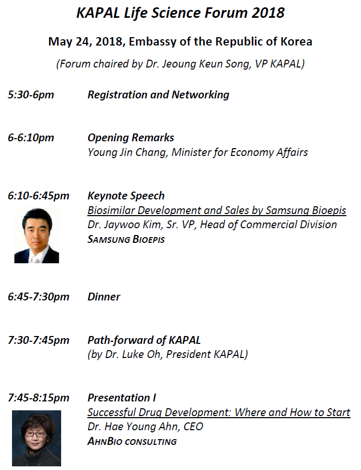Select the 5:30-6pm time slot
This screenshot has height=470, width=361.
[31, 95]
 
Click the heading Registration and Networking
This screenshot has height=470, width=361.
[158, 95]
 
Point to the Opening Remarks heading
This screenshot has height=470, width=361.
[131, 138]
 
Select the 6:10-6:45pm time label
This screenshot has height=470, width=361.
[39, 196]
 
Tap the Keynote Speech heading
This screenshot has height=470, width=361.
[126, 196]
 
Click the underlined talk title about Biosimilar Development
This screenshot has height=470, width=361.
[217, 210]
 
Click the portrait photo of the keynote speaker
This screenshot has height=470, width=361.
[37, 235]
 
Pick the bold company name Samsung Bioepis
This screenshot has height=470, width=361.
[126, 239]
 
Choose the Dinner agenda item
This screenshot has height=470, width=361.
[104, 297]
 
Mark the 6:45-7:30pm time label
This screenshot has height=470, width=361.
[39, 297]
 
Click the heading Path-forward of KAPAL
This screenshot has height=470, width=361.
[144, 340]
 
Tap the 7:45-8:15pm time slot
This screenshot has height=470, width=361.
[39, 398]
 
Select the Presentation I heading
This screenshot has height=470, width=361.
[122, 398]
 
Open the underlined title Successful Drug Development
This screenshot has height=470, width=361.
[218, 412]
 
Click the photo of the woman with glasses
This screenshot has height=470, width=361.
[37, 438]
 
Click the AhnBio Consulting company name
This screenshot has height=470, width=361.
[132, 441]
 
